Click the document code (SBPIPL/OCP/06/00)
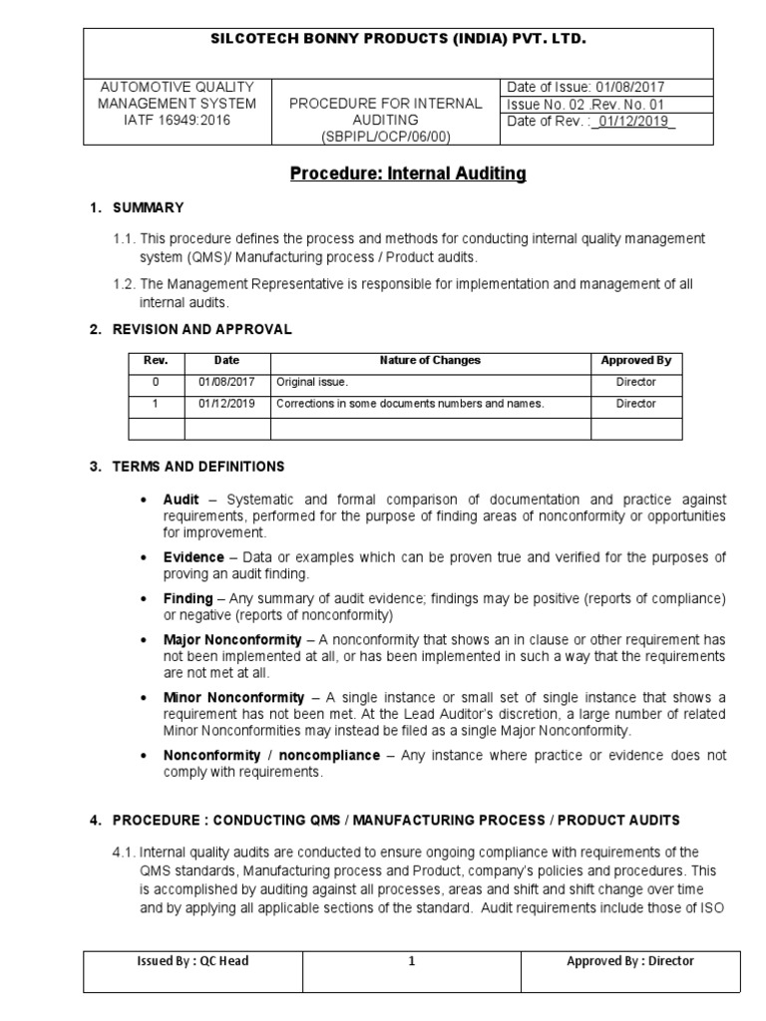tap(385, 136)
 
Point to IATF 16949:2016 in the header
tap(176, 120)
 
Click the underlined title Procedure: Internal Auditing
tap(407, 174)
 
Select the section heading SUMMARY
tap(148, 207)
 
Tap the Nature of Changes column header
tap(430, 360)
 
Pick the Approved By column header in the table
tap(636, 360)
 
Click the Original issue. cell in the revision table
tap(313, 382)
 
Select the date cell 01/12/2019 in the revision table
tap(226, 404)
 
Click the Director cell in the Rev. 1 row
tap(636, 404)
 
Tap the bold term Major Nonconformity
tap(232, 638)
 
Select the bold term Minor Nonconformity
tap(232, 696)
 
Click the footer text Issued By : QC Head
tap(193, 961)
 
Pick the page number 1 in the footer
tap(409, 961)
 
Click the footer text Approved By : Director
tap(630, 961)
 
